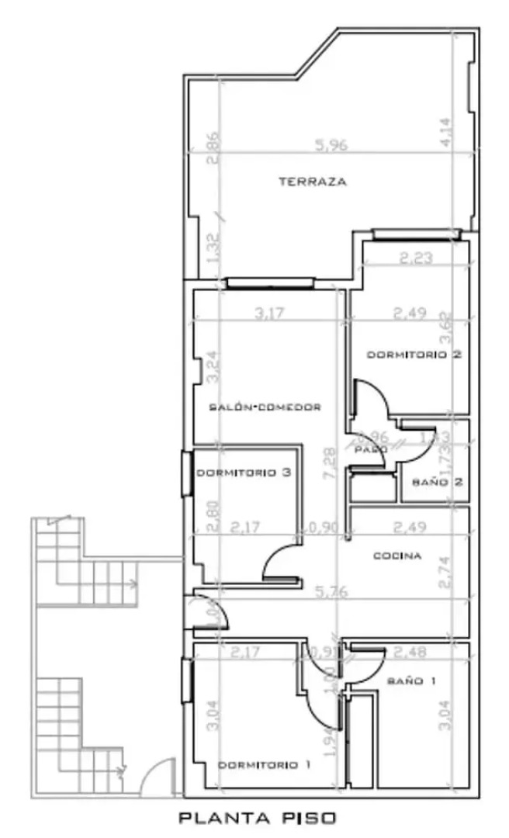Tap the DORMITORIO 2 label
(414, 355)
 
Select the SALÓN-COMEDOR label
(265, 407)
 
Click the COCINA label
(396, 556)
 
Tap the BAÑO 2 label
(438, 482)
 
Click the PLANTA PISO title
(257, 818)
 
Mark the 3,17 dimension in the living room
(268, 313)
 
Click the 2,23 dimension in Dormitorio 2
(416, 258)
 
